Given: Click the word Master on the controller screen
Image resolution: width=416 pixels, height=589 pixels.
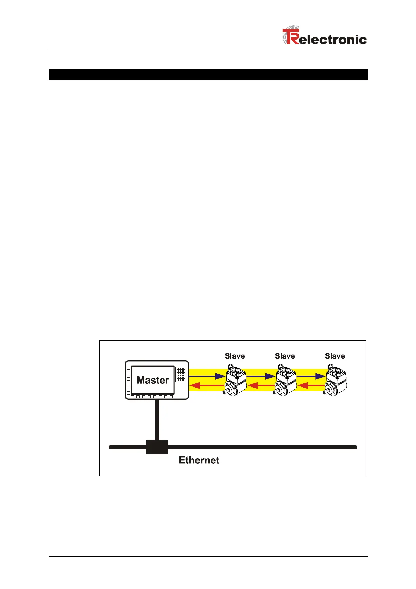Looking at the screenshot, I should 153,380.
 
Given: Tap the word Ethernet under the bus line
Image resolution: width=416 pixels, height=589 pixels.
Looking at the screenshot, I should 199,460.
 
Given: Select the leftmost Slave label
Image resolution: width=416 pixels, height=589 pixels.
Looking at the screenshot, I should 235,356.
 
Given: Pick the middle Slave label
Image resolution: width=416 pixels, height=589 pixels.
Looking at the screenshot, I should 285,356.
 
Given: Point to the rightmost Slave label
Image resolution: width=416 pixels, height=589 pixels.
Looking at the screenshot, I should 335,356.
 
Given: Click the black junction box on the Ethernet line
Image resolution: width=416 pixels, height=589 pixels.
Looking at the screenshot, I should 157,447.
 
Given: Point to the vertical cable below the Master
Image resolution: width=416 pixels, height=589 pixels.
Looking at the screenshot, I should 157,420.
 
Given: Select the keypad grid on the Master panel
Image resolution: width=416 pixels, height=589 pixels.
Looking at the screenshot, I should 181,374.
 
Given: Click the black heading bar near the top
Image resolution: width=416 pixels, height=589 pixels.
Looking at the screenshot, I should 208,74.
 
